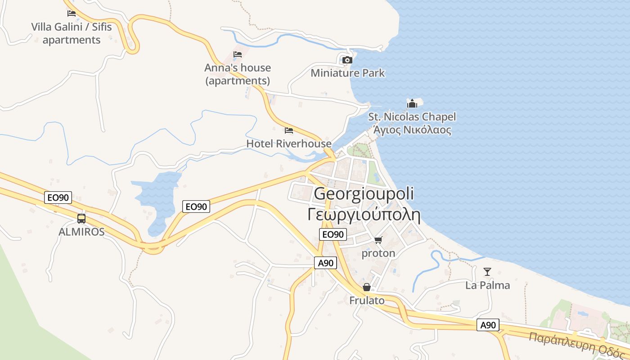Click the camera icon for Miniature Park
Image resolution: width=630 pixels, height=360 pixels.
pyautogui.click(x=347, y=60)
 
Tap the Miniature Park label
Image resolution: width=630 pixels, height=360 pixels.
pyautogui.click(x=348, y=73)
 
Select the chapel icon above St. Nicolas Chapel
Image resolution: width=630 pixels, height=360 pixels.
pyautogui.click(x=412, y=103)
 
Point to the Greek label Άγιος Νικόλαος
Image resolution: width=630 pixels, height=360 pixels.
pyautogui.click(x=412, y=130)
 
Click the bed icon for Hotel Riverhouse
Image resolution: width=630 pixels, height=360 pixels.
pyautogui.click(x=289, y=130)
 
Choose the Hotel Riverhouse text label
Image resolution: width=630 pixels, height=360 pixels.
pyautogui.click(x=289, y=144)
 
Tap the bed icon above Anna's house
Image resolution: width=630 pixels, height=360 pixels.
pyautogui.click(x=238, y=54)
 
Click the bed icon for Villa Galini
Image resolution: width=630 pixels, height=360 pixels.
pyautogui.click(x=72, y=13)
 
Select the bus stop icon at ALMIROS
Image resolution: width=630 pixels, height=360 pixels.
pyautogui.click(x=81, y=219)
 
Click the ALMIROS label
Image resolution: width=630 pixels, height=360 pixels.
pyautogui.click(x=81, y=232)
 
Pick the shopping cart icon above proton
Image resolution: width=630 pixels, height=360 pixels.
pyautogui.click(x=378, y=240)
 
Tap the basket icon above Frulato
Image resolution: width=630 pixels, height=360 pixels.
pyautogui.click(x=367, y=287)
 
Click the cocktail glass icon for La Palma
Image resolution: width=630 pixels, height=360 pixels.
pyautogui.click(x=487, y=271)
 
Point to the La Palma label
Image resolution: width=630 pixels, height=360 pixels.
pyautogui.click(x=488, y=285)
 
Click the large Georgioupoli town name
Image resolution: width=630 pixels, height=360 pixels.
pyautogui.click(x=364, y=193)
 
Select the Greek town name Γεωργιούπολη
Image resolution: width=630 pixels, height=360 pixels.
pyautogui.click(x=364, y=214)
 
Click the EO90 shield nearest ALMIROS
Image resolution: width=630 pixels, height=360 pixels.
pyautogui.click(x=58, y=198)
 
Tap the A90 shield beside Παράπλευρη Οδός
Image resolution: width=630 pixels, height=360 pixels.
pyautogui.click(x=488, y=325)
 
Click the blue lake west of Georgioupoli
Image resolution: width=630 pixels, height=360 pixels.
pyautogui.click(x=157, y=198)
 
